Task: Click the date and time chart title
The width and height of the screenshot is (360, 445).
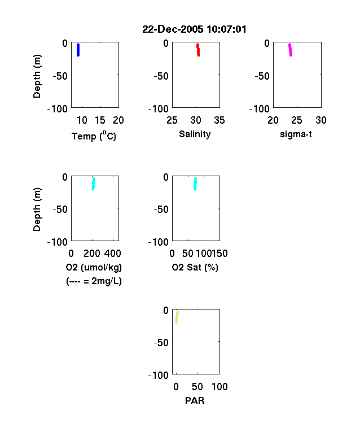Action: coord(194,29)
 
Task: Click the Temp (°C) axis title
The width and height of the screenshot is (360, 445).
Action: coord(94,136)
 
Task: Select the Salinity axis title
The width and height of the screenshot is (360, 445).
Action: coord(195,134)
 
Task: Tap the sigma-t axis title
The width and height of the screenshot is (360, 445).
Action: coord(296,134)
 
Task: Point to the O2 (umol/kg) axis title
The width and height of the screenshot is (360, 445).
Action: coord(94,267)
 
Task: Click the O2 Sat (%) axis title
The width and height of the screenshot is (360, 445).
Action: coord(195,267)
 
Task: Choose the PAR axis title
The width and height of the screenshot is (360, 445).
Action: coord(195,400)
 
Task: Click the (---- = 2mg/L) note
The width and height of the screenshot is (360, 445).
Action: coord(94,281)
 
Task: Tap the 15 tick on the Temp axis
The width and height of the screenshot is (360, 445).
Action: coord(100,120)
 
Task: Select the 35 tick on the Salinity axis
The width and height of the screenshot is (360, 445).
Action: coord(219,120)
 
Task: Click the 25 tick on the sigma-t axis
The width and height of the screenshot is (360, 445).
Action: coord(297,120)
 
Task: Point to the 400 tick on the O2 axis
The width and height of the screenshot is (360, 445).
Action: coord(113,254)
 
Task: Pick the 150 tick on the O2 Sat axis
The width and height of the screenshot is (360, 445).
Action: coord(219,254)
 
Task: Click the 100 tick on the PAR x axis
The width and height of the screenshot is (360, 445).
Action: coord(219,386)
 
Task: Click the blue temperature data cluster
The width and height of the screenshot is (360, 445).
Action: coord(78,50)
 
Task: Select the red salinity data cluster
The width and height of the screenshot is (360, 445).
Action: coord(198,50)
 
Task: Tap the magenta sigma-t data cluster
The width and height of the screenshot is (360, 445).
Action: coord(290,50)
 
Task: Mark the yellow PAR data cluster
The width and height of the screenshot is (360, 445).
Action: coord(177,317)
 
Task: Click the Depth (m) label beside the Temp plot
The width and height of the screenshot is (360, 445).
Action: coord(37,76)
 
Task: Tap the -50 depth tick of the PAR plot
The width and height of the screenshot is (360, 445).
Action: coord(161,343)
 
